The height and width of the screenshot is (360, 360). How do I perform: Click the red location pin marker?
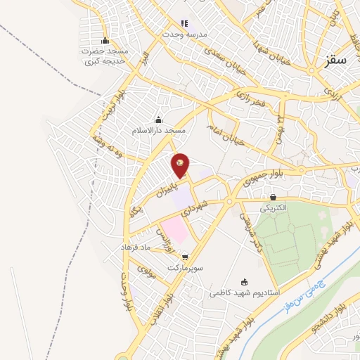tap(181, 165)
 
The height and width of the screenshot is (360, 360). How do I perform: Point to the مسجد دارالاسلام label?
tap(158, 130)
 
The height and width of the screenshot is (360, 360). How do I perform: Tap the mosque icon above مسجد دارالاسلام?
tap(158, 119)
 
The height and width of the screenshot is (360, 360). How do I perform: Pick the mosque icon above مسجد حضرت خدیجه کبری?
tap(105, 40)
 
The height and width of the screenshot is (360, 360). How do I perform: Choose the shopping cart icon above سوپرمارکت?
tap(185, 258)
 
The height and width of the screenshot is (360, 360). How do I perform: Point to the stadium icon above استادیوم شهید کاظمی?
tap(244, 281)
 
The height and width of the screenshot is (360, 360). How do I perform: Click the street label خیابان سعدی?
tap(211, 56)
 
